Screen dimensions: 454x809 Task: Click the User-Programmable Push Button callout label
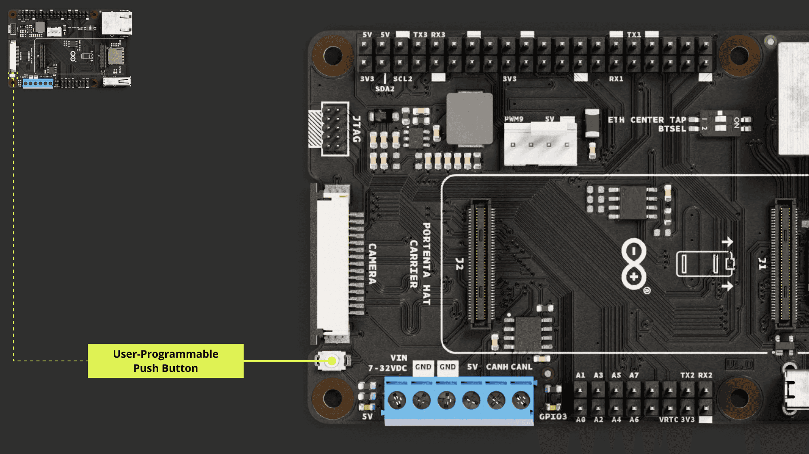click(x=166, y=361)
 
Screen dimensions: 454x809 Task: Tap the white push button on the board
click(x=332, y=361)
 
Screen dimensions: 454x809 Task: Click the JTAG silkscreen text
click(x=357, y=129)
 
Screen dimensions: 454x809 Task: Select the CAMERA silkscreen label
click(x=372, y=264)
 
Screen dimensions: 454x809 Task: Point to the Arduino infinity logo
click(x=634, y=264)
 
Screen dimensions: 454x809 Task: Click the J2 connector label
click(x=459, y=264)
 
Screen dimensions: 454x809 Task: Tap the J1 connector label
click(x=762, y=264)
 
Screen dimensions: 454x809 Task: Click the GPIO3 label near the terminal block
click(x=553, y=417)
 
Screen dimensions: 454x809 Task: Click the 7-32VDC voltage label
click(x=387, y=368)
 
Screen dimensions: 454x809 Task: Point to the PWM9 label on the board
click(x=514, y=119)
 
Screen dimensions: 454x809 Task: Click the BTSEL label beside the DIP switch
click(x=672, y=129)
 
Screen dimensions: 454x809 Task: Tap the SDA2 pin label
click(x=384, y=89)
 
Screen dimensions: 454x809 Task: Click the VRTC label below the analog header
click(x=669, y=420)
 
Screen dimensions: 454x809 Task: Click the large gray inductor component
click(x=469, y=118)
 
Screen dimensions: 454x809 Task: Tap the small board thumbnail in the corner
click(x=70, y=49)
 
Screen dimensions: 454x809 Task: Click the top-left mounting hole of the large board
click(x=333, y=55)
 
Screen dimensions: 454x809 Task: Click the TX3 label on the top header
click(x=420, y=35)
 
